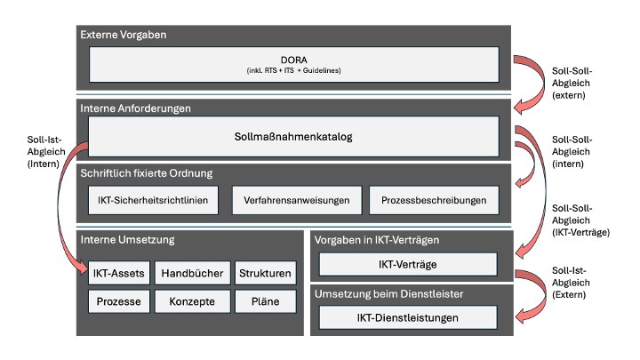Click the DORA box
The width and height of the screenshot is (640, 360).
(294, 64)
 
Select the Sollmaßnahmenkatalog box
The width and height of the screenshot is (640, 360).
(293, 136)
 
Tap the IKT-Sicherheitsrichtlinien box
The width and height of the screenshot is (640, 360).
(153, 200)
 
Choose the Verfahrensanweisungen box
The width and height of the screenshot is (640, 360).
(297, 200)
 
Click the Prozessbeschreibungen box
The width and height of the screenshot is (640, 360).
(434, 200)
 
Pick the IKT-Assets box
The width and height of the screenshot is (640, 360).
(119, 273)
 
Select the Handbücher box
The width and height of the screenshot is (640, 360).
(192, 273)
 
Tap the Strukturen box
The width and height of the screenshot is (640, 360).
(265, 273)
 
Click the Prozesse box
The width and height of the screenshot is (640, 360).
(119, 301)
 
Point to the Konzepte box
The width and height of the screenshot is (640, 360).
(192, 301)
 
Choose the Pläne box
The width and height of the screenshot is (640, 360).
(265, 301)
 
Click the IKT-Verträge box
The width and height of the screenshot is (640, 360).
(408, 264)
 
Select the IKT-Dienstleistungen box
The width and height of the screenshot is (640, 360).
(408, 317)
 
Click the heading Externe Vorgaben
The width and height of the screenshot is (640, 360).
(124, 35)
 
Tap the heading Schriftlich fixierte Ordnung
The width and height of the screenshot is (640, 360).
(147, 173)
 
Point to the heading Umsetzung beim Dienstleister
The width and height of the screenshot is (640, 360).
(389, 294)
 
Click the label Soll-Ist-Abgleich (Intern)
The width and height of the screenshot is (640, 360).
(46, 151)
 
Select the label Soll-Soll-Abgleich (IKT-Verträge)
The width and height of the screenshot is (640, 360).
(580, 220)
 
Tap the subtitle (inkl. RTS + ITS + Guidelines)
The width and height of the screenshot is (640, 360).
(294, 70)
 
